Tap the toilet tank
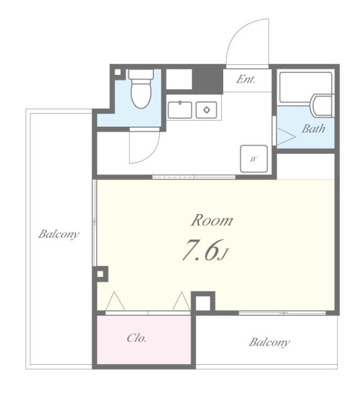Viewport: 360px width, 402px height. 141,74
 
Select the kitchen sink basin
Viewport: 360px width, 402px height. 180,110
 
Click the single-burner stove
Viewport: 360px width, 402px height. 206,110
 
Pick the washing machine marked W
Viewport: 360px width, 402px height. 254,159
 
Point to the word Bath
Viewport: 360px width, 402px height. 313,128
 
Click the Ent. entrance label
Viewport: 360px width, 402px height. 246,79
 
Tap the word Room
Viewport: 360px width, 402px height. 212,220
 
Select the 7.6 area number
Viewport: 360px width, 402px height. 201,250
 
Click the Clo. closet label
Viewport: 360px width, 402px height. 137,338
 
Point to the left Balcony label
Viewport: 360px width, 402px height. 59,234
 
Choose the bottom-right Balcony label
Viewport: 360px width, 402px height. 269,342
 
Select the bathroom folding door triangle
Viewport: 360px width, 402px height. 286,137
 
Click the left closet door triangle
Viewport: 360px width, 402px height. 115,301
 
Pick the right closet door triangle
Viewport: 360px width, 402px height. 182,301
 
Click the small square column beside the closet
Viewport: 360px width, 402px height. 203,303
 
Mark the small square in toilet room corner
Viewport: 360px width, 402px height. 117,72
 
